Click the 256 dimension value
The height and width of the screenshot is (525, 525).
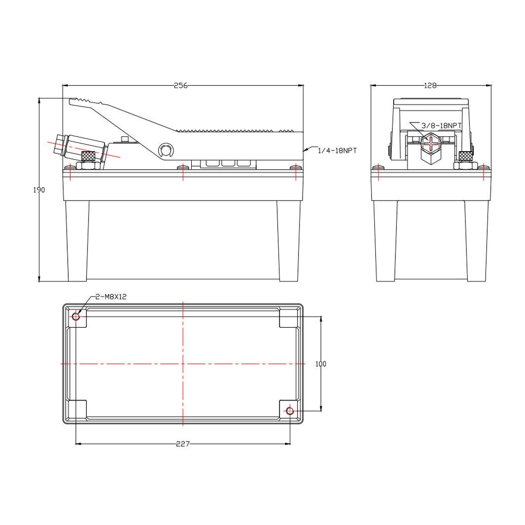[180, 86]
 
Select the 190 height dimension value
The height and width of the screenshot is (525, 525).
[39, 190]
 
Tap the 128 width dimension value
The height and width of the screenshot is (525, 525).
[430, 86]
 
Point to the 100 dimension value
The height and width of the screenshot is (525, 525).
[321, 364]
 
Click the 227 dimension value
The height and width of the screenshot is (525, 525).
[183, 444]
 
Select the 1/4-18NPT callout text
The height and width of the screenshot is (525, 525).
[337, 151]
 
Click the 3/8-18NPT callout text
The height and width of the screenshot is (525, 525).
[441, 126]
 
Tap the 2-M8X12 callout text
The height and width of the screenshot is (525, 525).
[111, 297]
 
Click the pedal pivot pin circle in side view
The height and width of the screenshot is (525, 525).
[166, 150]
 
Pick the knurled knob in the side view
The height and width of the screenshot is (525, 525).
[88, 156]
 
